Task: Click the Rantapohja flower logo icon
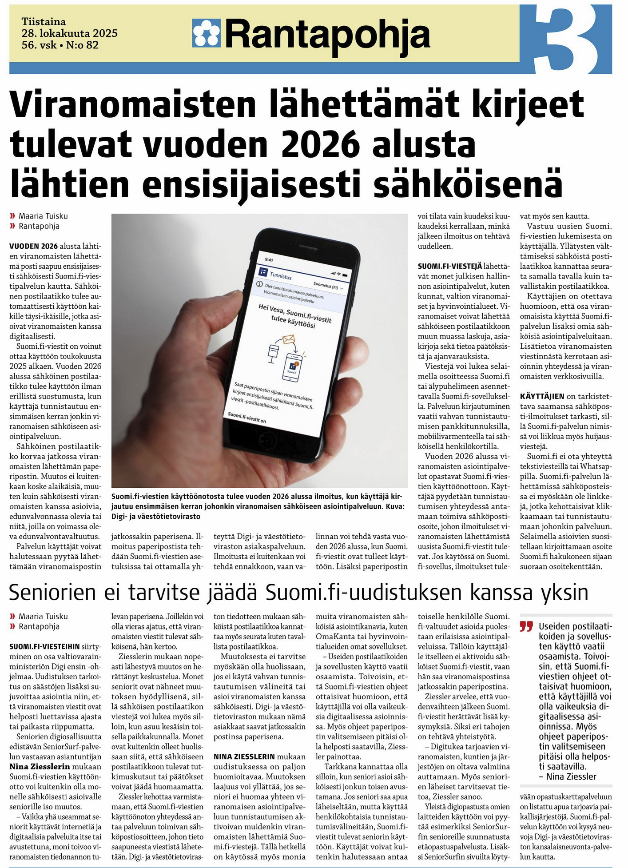(x=207, y=33)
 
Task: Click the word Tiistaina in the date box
(x=44, y=22)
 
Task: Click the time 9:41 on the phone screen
(x=269, y=260)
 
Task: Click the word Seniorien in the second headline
(x=52, y=592)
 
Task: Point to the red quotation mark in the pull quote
(x=526, y=627)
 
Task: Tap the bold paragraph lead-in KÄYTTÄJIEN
(x=542, y=396)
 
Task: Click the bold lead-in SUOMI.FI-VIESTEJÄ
(x=449, y=266)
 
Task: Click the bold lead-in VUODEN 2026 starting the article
(x=33, y=246)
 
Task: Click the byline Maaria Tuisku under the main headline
(x=43, y=216)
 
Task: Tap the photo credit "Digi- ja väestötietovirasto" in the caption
(x=156, y=517)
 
